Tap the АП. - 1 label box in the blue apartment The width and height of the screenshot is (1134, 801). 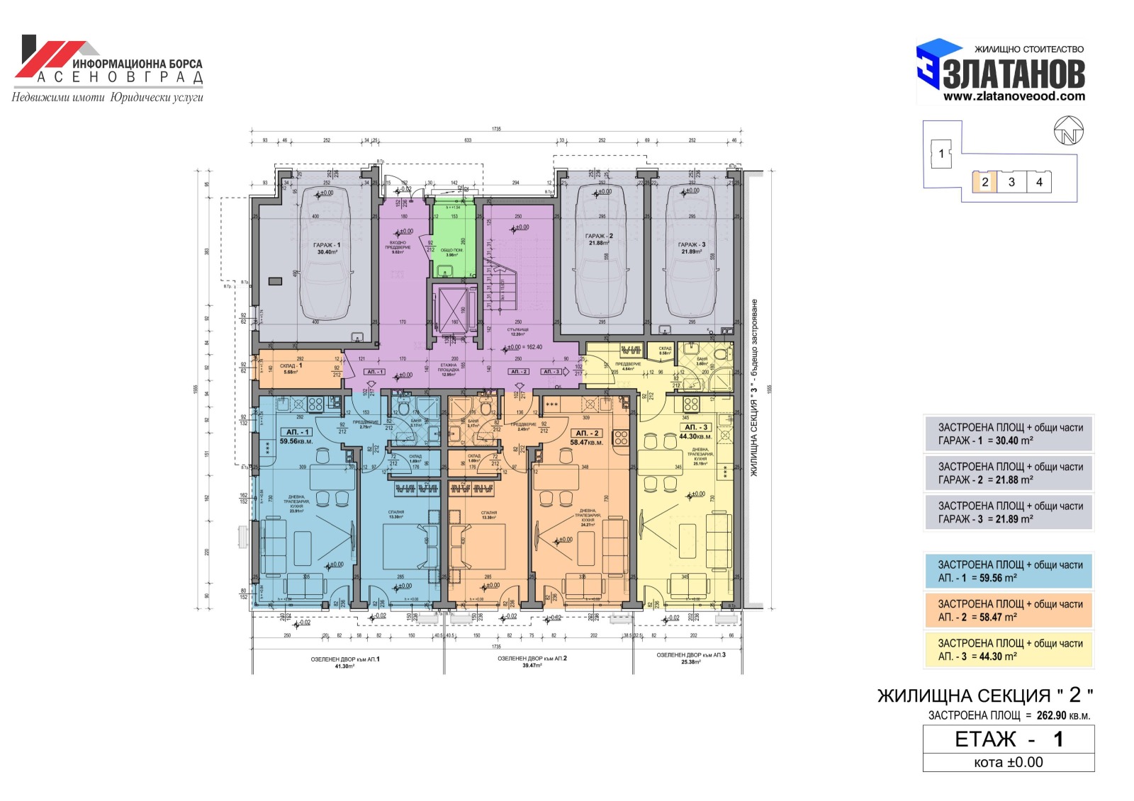[296, 431]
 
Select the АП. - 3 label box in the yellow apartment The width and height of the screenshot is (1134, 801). [696, 427]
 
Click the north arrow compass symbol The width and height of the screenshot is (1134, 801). [1068, 132]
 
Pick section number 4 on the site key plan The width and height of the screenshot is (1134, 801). [1039, 182]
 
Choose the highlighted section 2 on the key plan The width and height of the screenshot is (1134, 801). [984, 182]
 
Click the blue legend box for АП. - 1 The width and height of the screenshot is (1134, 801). [1009, 571]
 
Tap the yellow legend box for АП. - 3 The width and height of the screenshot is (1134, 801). [1009, 649]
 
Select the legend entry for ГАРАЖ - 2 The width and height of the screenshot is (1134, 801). [1009, 473]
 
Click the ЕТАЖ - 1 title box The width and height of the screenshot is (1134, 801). [1009, 739]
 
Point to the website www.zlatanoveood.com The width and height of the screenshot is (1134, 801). [1014, 96]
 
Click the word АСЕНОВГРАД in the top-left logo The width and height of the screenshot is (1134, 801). [120, 77]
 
